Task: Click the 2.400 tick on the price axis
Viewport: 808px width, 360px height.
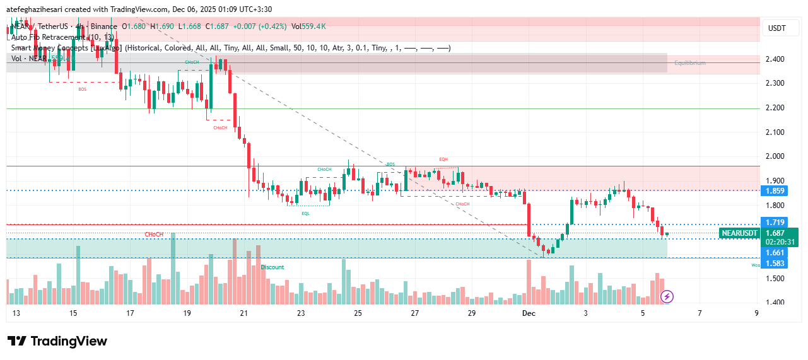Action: (x=775, y=59)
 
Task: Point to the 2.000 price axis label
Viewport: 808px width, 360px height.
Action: (x=775, y=156)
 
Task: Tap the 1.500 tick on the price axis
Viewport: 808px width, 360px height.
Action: (x=775, y=279)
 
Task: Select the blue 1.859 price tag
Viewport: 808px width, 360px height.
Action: (x=775, y=190)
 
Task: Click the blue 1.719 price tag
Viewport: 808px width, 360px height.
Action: (x=775, y=223)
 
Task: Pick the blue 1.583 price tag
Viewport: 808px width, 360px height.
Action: (x=775, y=264)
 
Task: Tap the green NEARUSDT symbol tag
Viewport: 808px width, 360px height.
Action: (x=739, y=233)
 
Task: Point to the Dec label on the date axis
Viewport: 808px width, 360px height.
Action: (x=528, y=313)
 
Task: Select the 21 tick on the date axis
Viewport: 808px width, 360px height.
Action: (x=244, y=313)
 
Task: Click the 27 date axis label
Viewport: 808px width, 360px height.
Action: (x=414, y=313)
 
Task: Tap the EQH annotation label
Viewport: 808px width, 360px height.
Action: (x=443, y=160)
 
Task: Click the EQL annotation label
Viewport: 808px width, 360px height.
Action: (x=305, y=214)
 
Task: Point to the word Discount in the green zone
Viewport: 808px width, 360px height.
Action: (x=272, y=267)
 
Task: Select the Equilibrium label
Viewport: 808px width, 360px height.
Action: (x=689, y=63)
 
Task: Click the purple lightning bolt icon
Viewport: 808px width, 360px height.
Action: (x=667, y=296)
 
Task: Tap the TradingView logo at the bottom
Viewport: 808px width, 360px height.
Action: (x=57, y=341)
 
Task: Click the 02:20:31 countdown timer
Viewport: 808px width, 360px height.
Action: (x=780, y=241)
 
